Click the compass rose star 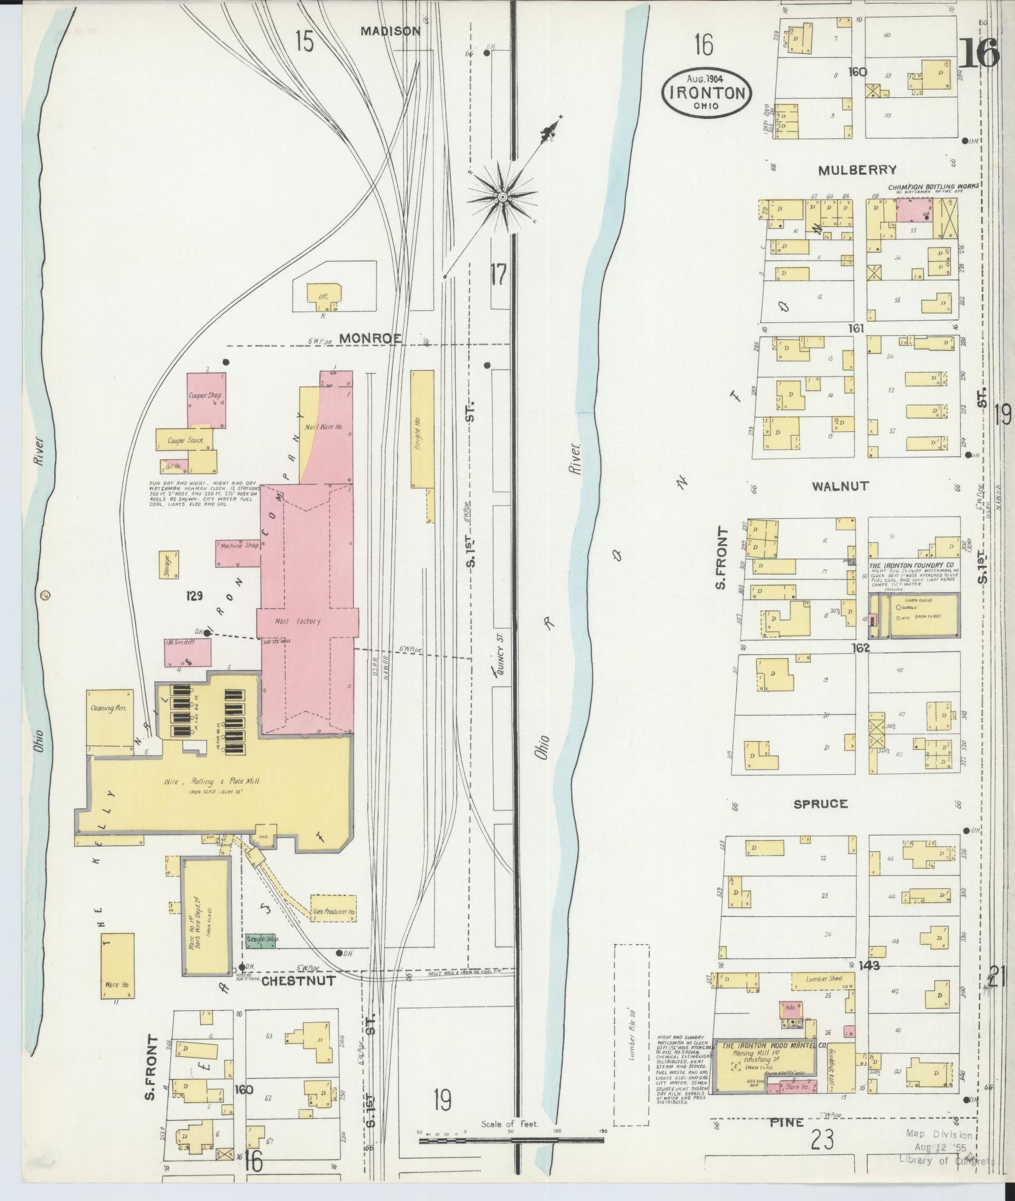tap(501, 198)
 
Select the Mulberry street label tap(857, 170)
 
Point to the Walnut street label tap(840, 486)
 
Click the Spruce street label tap(820, 804)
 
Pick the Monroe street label tap(371, 338)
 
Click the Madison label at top tap(390, 31)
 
